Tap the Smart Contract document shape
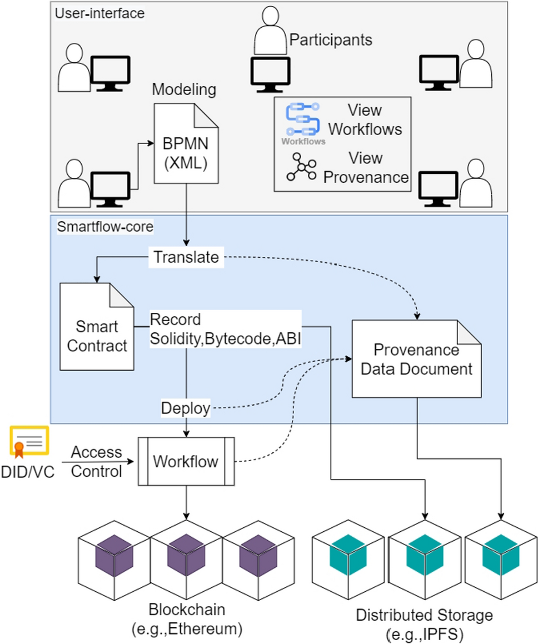coord(98,327)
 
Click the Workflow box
coord(186,461)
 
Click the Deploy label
coord(186,408)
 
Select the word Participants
coord(331,40)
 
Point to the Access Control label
coord(96,462)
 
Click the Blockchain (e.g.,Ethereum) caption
coord(187,618)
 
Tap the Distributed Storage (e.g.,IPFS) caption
coord(424,623)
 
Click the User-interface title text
coord(99,12)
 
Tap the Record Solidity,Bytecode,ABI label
coord(225,330)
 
